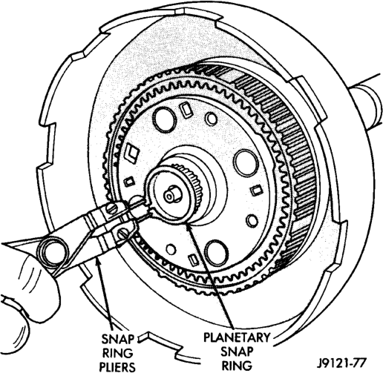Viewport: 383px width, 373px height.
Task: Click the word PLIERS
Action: tap(117, 366)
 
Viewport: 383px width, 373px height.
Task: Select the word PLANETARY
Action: tap(236, 337)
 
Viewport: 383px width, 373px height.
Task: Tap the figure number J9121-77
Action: tap(341, 363)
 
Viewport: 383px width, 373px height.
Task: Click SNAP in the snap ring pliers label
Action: tap(117, 340)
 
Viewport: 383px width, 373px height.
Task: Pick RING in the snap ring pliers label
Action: tap(118, 353)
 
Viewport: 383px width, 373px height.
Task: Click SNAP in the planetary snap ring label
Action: tap(237, 351)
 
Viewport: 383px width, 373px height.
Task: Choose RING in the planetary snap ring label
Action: tap(238, 365)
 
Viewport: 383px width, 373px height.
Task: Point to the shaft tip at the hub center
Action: tap(170, 196)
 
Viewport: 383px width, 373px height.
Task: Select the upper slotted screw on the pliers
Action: tap(112, 208)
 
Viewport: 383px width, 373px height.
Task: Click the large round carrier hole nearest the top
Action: tap(165, 119)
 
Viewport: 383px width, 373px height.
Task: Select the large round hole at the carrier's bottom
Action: tap(217, 253)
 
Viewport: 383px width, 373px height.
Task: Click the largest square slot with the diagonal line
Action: tap(133, 153)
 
